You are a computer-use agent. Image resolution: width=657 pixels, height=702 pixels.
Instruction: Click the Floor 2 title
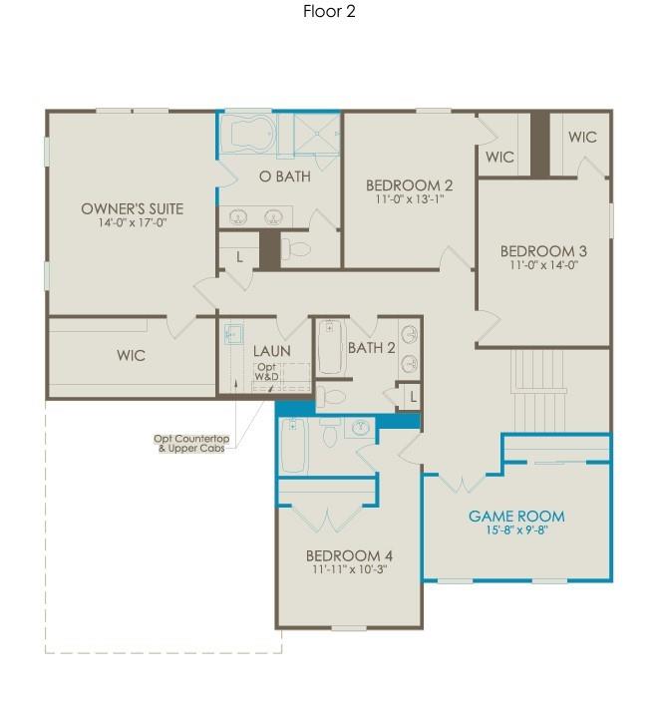pyautogui.click(x=329, y=12)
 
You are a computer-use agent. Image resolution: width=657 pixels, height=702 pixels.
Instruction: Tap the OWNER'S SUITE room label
pyautogui.click(x=132, y=208)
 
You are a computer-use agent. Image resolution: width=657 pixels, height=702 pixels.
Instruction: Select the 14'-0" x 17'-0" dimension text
pyautogui.click(x=132, y=223)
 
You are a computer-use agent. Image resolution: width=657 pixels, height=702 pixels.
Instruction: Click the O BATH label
pyautogui.click(x=285, y=176)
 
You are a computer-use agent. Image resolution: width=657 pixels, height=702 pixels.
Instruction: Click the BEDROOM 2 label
pyautogui.click(x=409, y=184)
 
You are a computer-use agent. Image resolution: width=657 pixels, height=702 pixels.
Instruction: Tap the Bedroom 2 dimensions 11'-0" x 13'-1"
pyautogui.click(x=409, y=198)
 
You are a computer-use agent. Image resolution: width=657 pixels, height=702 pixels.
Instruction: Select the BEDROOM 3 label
pyautogui.click(x=543, y=251)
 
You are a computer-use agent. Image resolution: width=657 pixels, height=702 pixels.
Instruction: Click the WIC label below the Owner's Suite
pyautogui.click(x=131, y=355)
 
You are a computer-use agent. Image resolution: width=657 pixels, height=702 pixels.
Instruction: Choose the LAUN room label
pyautogui.click(x=271, y=351)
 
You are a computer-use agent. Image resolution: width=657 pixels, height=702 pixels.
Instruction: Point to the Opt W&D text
pyautogui.click(x=267, y=371)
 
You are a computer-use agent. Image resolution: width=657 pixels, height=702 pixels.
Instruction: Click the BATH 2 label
pyautogui.click(x=372, y=347)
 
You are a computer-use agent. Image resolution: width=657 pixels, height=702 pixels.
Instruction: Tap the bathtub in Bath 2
pyautogui.click(x=331, y=347)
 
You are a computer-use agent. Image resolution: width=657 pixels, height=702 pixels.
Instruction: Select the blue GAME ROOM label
pyautogui.click(x=516, y=516)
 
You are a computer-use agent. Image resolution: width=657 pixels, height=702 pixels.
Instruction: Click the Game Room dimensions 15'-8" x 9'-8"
pyautogui.click(x=516, y=529)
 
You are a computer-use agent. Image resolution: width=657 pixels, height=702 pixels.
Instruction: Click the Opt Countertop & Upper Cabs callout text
pyautogui.click(x=191, y=444)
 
